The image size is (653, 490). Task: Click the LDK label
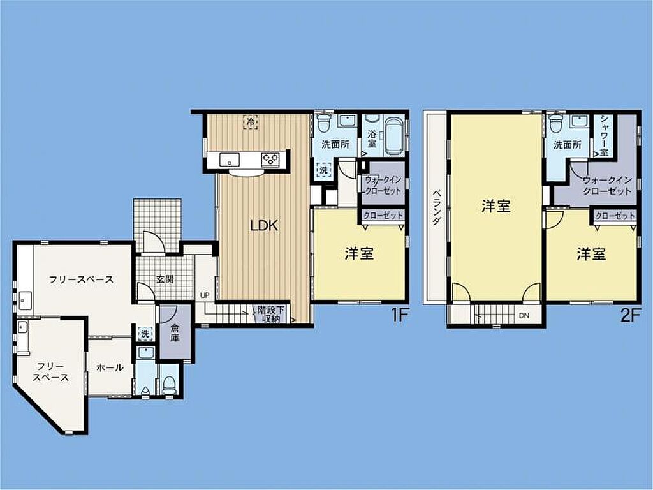[264, 226]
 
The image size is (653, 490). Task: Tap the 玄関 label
[165, 279]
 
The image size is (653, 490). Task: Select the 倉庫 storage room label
[175, 333]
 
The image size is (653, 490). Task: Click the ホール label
[110, 367]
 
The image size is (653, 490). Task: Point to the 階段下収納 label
[271, 315]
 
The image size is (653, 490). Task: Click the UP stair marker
[205, 295]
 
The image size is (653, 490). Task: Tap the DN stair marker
[524, 315]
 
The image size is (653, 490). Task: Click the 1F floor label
[399, 315]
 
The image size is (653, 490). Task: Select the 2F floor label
[629, 315]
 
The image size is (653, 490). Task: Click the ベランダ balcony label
[436, 207]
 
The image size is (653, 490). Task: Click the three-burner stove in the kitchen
[270, 159]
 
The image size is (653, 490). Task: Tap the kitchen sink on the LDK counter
[229, 159]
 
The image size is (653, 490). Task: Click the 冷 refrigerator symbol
[250, 122]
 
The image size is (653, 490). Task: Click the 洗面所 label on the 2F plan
[567, 145]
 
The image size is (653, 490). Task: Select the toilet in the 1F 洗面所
[323, 122]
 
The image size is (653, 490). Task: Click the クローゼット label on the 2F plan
[615, 216]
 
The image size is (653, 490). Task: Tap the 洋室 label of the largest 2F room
[496, 206]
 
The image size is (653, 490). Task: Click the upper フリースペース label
[81, 279]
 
